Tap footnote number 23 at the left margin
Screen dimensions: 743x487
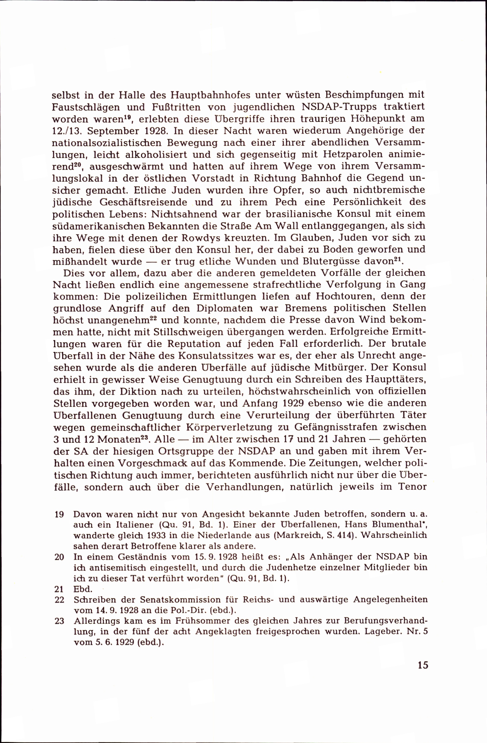[x=59, y=621]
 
